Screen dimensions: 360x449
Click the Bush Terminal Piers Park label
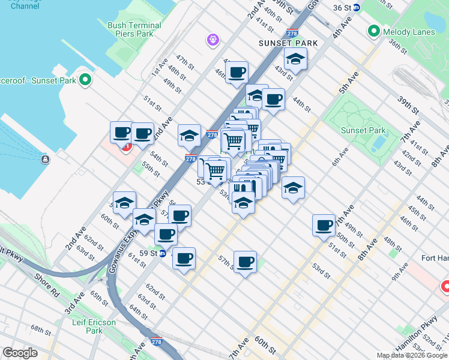(134, 30)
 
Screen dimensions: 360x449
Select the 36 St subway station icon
(356, 8)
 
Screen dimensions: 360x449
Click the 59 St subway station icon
(162, 253)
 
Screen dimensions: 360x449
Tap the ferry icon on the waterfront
(45, 160)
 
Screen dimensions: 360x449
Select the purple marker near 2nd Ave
(212, 40)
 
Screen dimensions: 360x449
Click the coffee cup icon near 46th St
(238, 73)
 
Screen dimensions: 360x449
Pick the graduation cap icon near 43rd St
(295, 59)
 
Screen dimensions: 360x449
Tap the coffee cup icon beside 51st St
(324, 225)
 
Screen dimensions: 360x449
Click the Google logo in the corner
(20, 353)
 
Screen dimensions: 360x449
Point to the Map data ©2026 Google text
(412, 355)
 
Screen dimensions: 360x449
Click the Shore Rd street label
(46, 279)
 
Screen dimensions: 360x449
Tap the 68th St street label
(41, 331)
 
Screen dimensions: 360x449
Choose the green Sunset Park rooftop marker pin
(85, 79)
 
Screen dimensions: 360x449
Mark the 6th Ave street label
(340, 156)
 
